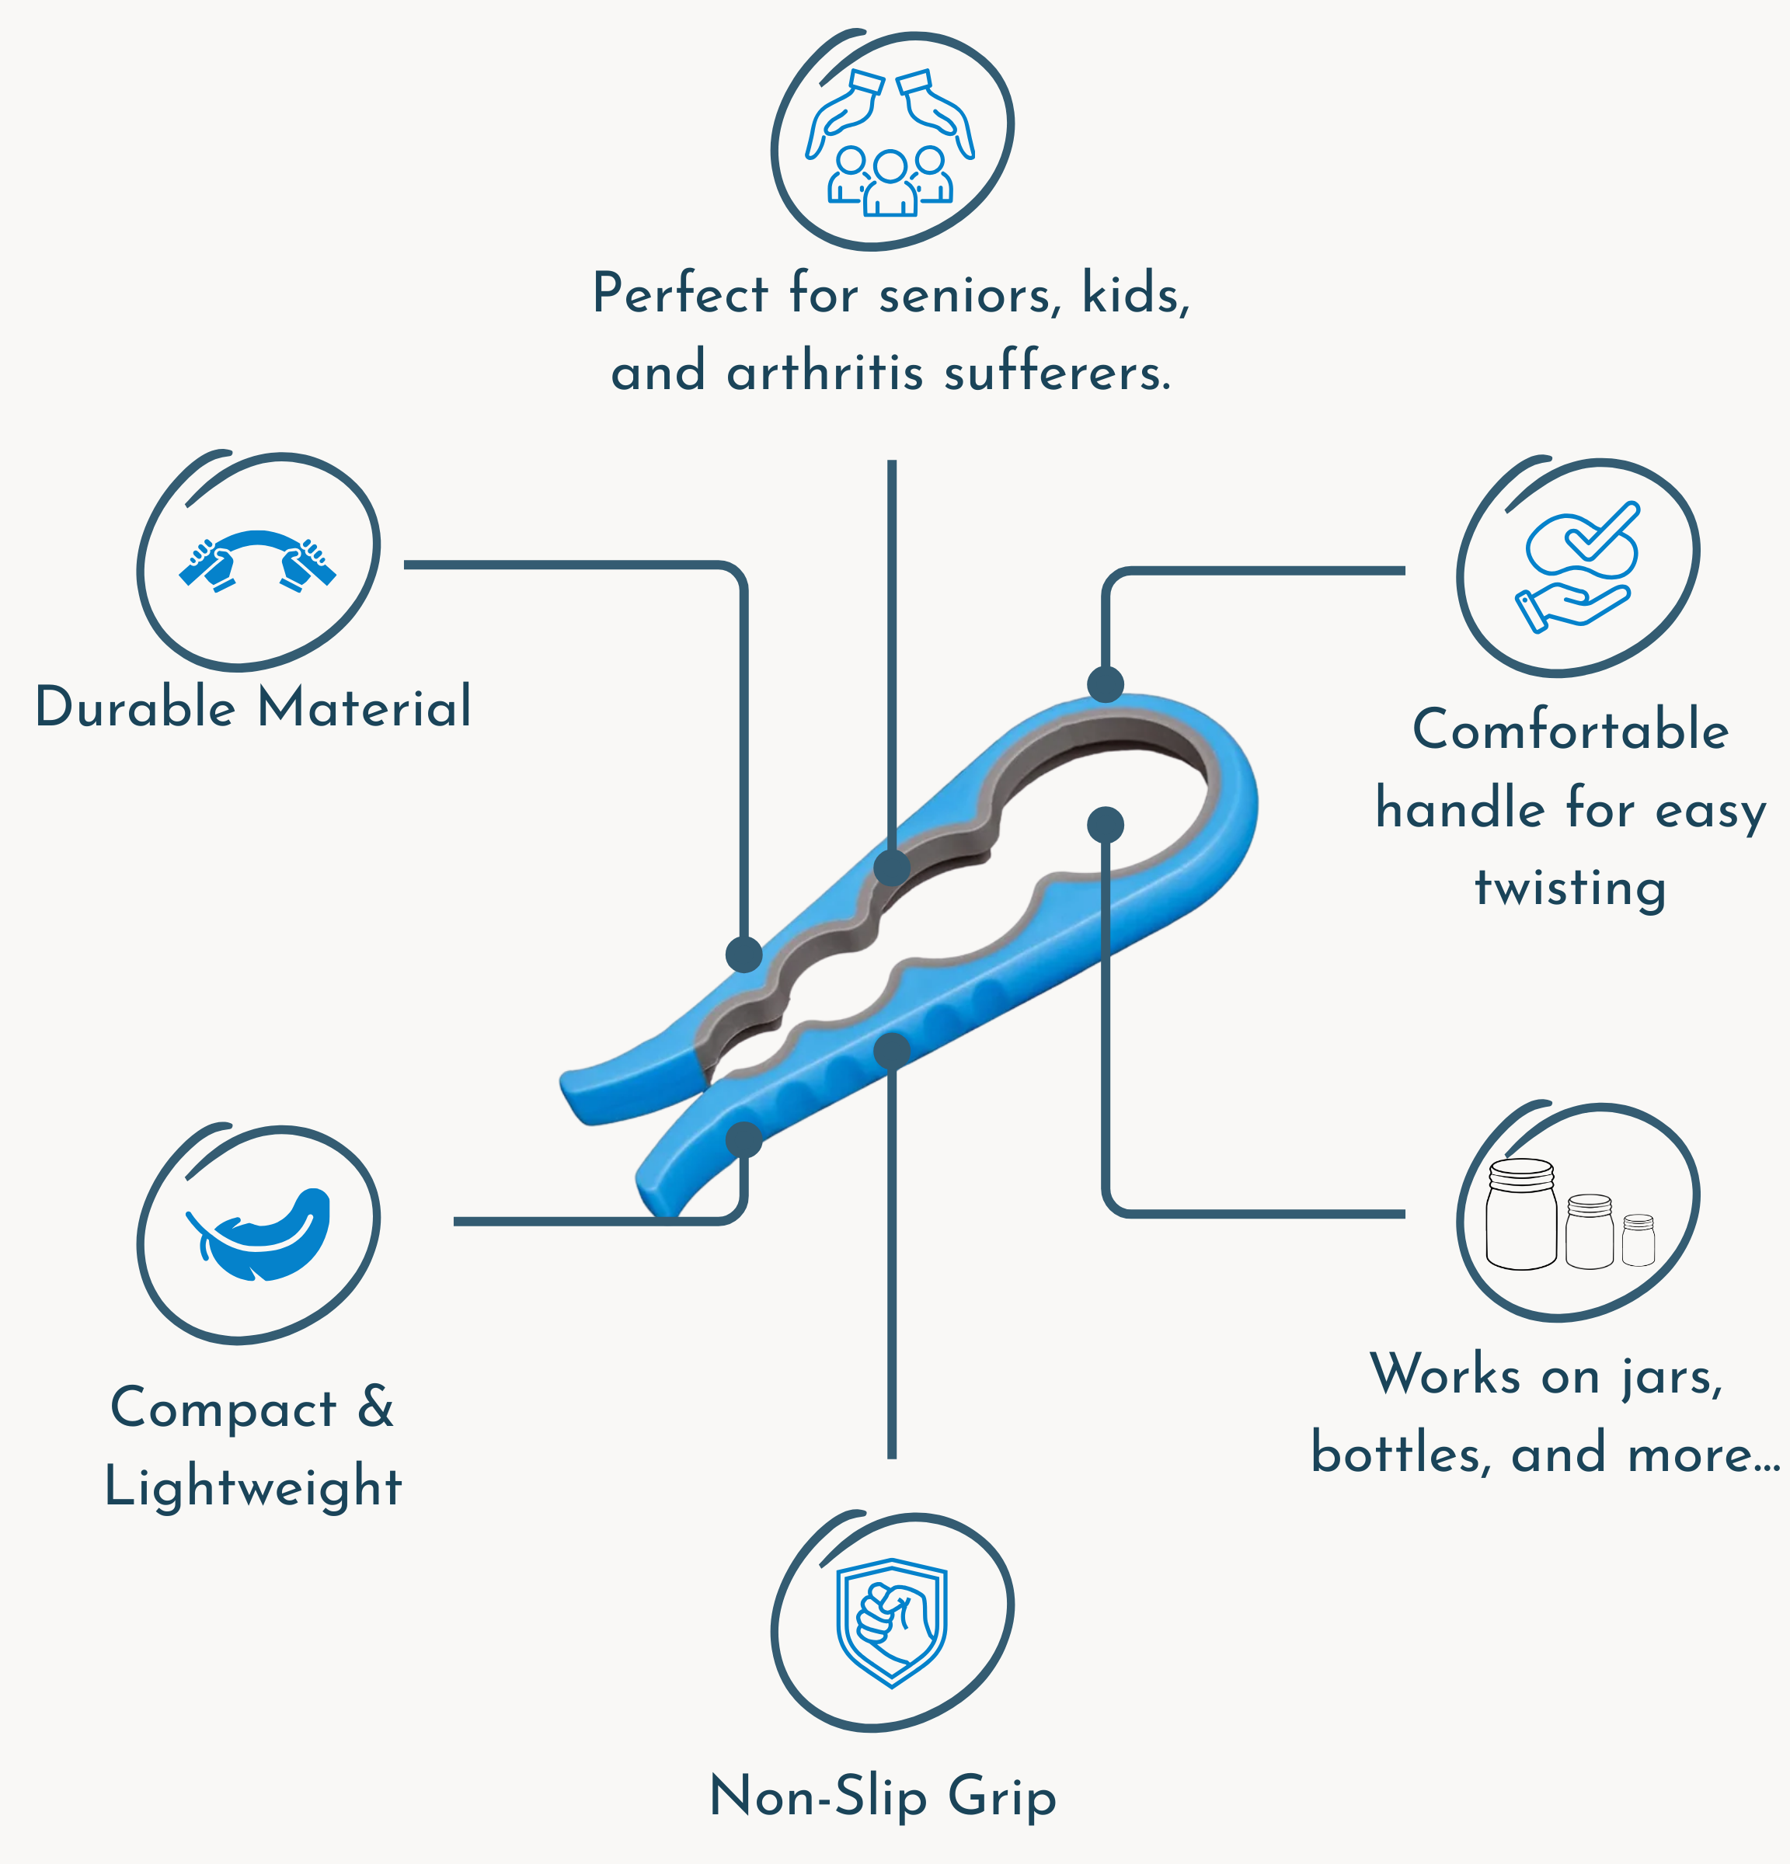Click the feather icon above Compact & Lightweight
pos(262,1234)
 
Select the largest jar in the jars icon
pos(1521,1215)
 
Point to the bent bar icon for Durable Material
pos(258,560)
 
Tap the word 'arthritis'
pos(824,372)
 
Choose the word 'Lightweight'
pos(253,1487)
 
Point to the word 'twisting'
pos(1570,889)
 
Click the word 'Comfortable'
pos(1570,730)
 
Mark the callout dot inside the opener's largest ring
pos(1106,825)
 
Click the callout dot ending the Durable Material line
pos(744,954)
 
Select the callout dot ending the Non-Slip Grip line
pos(891,1050)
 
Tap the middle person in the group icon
pos(890,183)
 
